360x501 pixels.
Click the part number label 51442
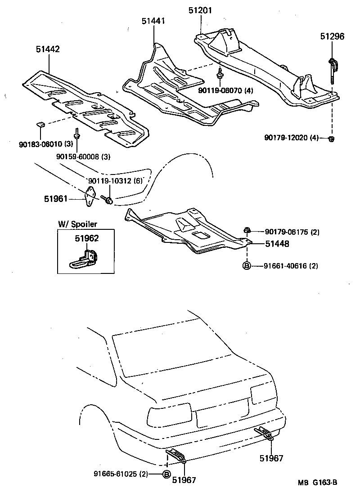click(48, 49)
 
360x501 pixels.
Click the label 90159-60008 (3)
click(77, 157)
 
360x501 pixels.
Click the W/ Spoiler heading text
click(77, 224)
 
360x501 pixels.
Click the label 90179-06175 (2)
click(292, 232)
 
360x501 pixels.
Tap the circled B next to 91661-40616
click(247, 266)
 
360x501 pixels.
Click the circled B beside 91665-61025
click(166, 474)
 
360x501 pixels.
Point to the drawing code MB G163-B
click(317, 483)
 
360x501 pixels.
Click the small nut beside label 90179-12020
click(331, 138)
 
